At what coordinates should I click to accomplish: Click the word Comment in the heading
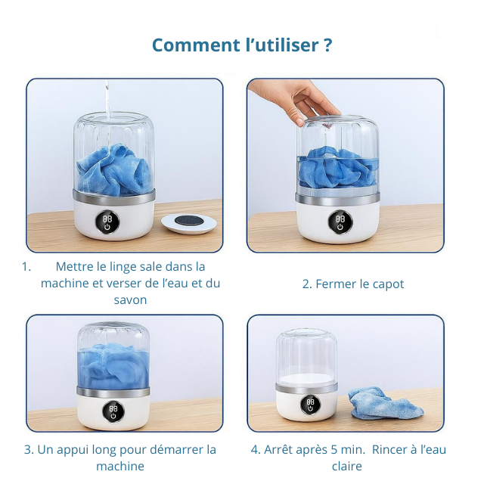pos(196,45)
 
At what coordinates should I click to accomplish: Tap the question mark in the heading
pos(328,45)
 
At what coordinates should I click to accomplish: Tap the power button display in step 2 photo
pos(340,222)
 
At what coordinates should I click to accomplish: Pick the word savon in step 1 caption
pos(130,300)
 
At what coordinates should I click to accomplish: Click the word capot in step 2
pos(388,284)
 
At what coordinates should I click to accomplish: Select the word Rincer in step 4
pos(389,450)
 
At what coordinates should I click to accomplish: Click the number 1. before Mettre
pos(26,267)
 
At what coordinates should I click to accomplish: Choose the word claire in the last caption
pos(347,466)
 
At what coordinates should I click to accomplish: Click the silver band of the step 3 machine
pos(113,392)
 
